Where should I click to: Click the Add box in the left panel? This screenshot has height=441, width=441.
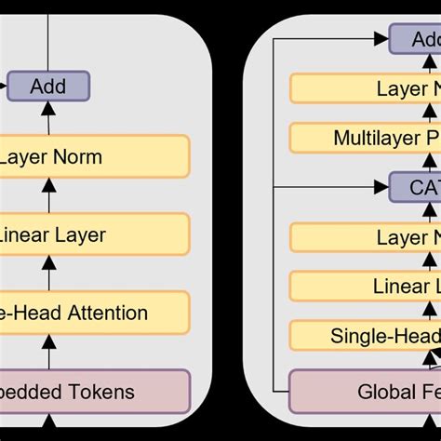click(48, 87)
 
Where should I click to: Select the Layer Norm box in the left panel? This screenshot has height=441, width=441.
click(93, 156)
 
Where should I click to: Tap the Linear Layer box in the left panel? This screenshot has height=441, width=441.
click(93, 234)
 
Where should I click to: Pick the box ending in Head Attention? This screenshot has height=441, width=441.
click(93, 313)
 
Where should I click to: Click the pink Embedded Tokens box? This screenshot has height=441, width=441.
click(93, 392)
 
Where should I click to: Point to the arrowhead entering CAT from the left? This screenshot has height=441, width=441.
click(381, 187)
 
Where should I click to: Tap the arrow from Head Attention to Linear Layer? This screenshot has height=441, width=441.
click(48, 274)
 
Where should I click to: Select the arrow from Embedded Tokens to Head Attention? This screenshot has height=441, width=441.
click(48, 352)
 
